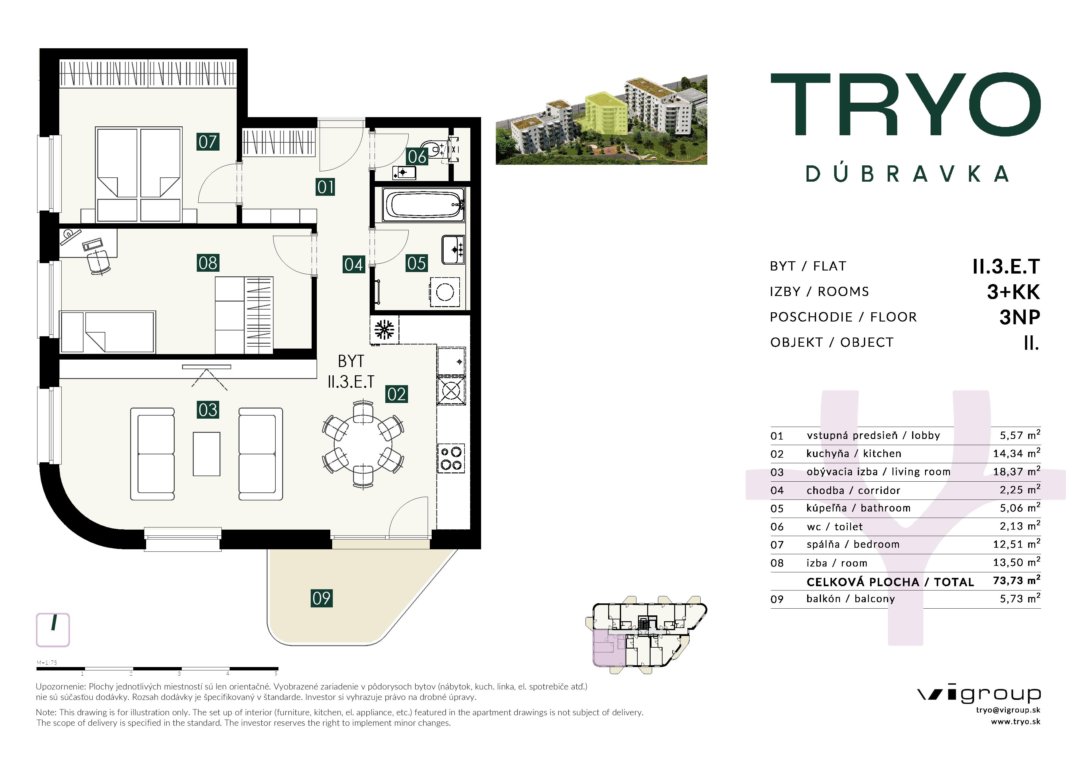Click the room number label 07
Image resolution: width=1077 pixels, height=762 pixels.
208,142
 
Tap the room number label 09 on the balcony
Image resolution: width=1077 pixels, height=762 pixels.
321,598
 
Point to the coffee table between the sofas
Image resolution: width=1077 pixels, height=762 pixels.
206,454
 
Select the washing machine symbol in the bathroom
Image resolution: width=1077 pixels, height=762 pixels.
445,292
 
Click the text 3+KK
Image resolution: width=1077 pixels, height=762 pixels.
1013,292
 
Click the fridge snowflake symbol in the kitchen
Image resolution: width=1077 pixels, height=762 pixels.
384,330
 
